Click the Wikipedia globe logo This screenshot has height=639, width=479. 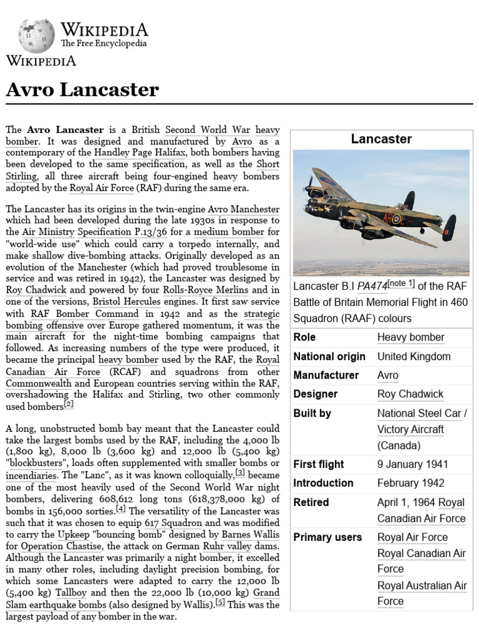coord(36,36)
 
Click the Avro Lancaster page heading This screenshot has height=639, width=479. coord(82,90)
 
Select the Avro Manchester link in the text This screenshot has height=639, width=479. coord(243,210)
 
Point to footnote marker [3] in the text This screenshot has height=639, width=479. coord(239,472)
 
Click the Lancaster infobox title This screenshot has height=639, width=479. coord(381,139)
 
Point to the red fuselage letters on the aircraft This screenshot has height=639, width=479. coord(393,218)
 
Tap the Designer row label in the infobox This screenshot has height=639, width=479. coord(315,394)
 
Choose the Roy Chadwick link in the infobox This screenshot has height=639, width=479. coord(410,394)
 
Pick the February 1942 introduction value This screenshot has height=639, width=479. coord(410,483)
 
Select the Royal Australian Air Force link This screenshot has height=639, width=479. coord(422,593)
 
